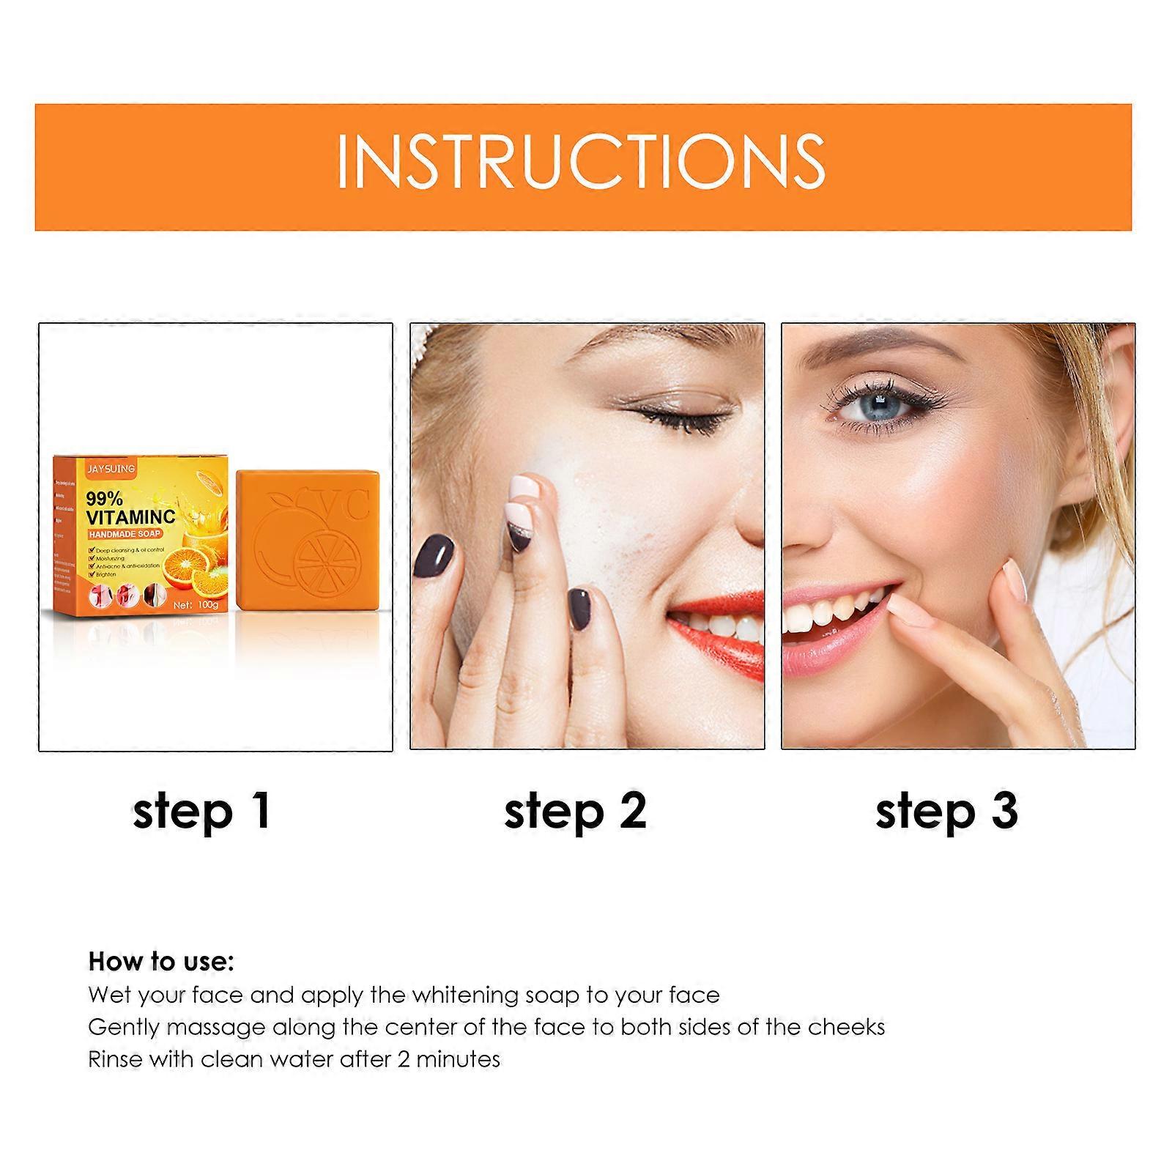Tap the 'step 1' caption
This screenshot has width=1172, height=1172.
[x=202, y=812]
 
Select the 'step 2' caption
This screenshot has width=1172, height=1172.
[x=576, y=812]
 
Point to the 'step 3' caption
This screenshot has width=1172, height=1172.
[x=946, y=812]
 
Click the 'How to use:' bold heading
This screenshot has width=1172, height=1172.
[x=161, y=961]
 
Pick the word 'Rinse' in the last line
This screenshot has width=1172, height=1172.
[x=114, y=1059]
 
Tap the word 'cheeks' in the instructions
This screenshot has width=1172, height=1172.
[x=847, y=1027]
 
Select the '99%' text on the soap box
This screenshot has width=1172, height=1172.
[x=104, y=500]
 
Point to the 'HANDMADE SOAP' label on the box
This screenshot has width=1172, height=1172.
[x=125, y=534]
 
